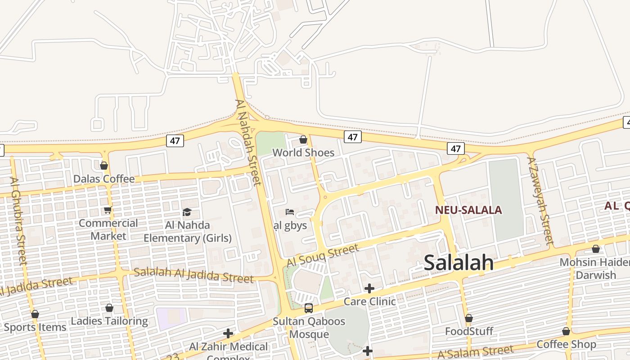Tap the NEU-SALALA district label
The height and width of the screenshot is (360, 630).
pyautogui.click(x=468, y=210)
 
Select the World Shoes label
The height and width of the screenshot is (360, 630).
pyautogui.click(x=303, y=153)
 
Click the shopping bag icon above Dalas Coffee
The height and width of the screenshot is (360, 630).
pyautogui.click(x=104, y=166)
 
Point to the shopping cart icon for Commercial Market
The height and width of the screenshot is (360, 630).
pyautogui.click(x=108, y=210)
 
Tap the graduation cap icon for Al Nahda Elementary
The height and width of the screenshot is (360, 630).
pyautogui.click(x=187, y=212)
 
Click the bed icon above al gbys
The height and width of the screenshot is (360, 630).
pyautogui.click(x=290, y=211)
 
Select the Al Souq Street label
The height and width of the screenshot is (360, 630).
pyautogui.click(x=323, y=255)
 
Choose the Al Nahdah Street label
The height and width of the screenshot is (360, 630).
pyautogui.click(x=248, y=142)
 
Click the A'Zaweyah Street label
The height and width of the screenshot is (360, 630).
pyautogui.click(x=540, y=200)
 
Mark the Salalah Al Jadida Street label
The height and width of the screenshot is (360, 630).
pyautogui.click(x=193, y=275)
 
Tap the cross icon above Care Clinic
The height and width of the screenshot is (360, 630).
pyautogui.click(x=369, y=288)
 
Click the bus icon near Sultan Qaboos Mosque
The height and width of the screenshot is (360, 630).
pyautogui.click(x=309, y=308)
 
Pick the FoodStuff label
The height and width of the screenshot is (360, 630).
pyautogui.click(x=469, y=332)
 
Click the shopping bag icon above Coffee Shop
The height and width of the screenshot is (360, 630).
pyautogui.click(x=566, y=332)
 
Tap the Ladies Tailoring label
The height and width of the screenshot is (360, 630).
pyautogui.click(x=109, y=321)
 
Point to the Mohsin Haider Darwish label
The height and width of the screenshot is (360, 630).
pyautogui.click(x=595, y=268)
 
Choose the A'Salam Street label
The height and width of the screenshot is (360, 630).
pyautogui.click(x=475, y=352)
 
